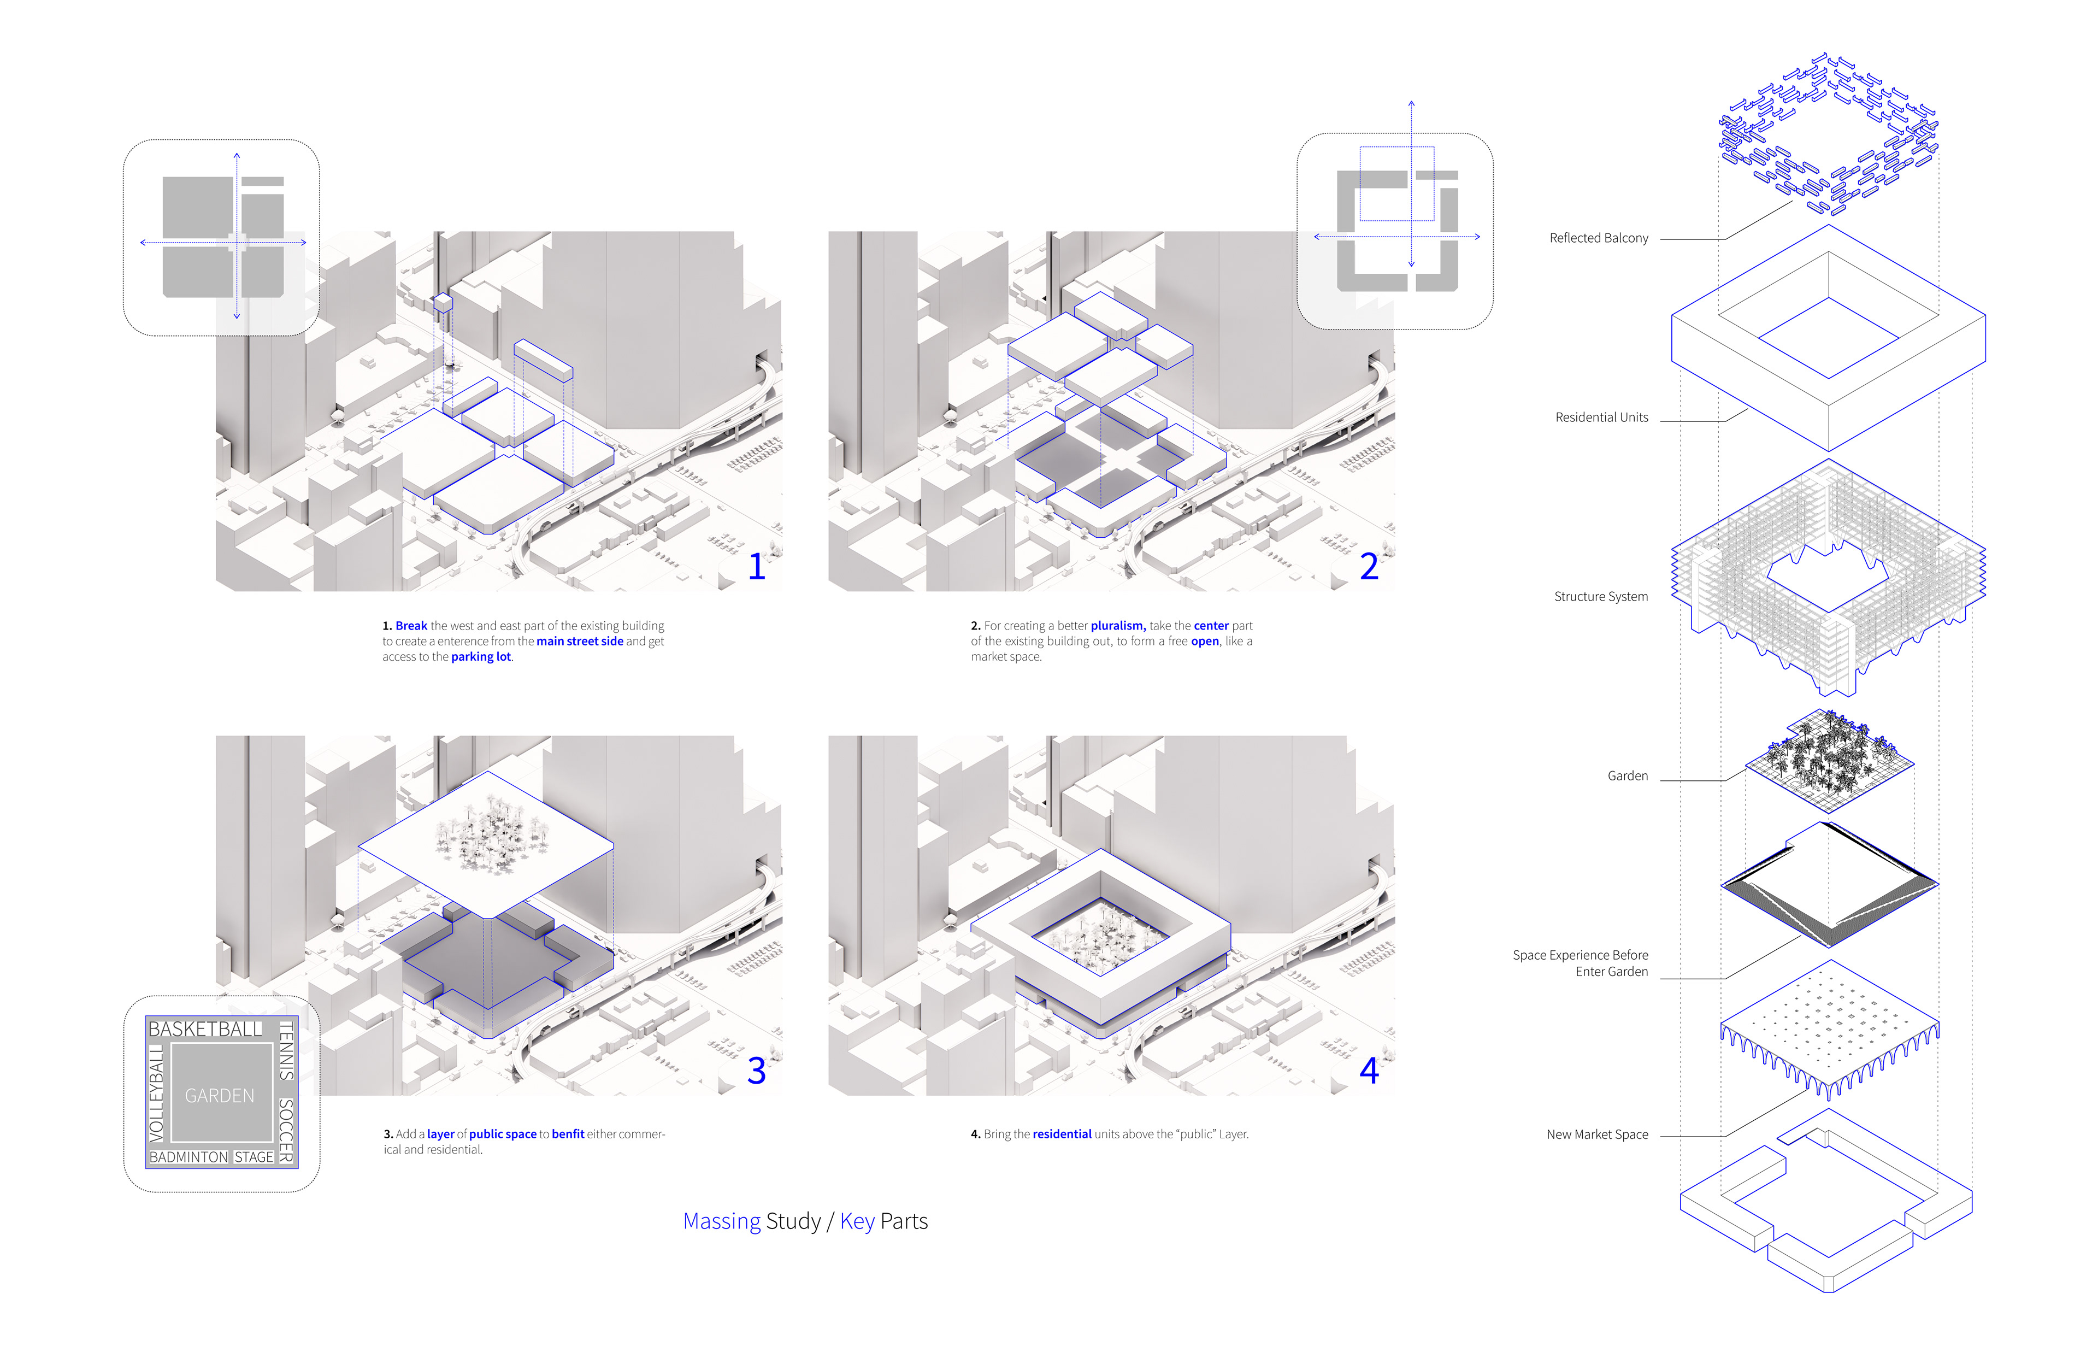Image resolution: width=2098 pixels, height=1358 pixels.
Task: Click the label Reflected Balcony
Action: tap(1598, 238)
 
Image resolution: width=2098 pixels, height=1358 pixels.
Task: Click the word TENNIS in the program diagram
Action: tap(286, 1050)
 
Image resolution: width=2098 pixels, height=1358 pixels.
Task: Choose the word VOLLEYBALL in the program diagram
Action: tap(157, 1094)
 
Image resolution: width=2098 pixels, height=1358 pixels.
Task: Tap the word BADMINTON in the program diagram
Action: tap(188, 1157)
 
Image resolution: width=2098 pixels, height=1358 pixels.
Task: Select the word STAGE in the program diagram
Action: tap(254, 1157)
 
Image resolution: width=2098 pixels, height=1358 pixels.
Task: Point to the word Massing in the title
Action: tap(721, 1221)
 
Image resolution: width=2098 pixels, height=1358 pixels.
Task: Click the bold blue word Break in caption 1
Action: tap(411, 626)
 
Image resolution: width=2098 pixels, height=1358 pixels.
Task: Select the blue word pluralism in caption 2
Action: tap(1118, 626)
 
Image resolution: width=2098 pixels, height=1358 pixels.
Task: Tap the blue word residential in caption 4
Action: tap(1062, 1134)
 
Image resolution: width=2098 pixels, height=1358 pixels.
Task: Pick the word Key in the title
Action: tap(857, 1221)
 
